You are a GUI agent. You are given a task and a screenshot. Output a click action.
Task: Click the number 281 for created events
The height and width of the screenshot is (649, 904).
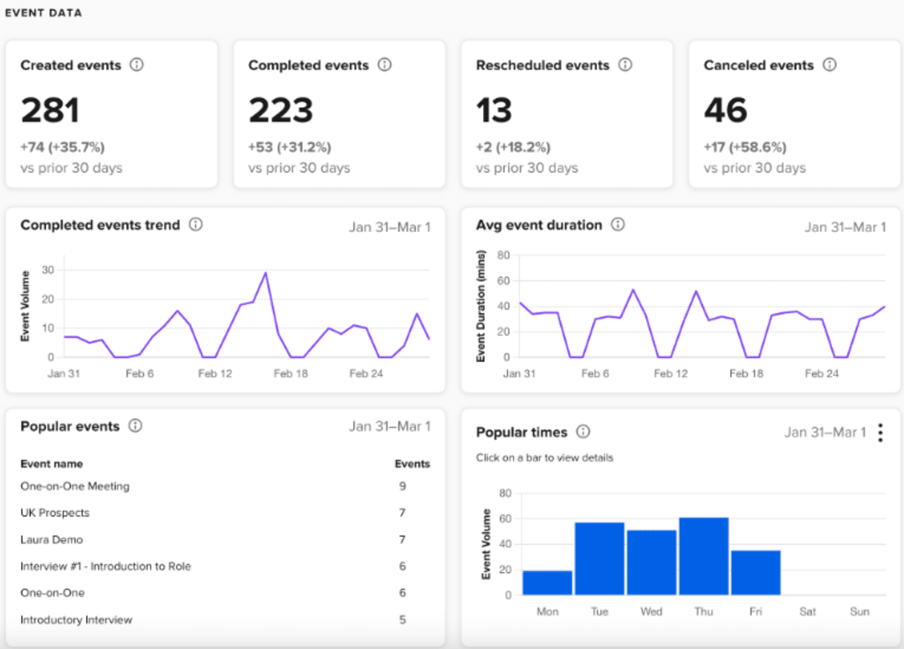click(x=50, y=111)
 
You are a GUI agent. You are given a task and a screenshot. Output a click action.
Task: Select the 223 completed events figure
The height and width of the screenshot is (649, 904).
click(x=280, y=111)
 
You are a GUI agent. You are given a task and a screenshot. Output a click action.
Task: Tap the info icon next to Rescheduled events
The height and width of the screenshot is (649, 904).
click(x=625, y=64)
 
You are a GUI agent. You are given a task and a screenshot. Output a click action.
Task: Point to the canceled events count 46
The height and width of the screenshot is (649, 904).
click(x=726, y=111)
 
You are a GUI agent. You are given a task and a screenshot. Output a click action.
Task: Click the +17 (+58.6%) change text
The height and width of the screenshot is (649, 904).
click(x=745, y=147)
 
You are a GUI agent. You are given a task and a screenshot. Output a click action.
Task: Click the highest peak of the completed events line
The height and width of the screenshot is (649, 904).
click(x=265, y=273)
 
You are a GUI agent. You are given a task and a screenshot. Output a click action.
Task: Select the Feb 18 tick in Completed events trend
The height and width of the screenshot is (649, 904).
click(x=290, y=373)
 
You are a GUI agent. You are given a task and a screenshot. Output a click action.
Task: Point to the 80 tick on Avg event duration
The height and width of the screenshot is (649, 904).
click(x=503, y=255)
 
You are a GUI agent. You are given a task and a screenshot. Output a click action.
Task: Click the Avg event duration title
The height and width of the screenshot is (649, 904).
click(x=538, y=225)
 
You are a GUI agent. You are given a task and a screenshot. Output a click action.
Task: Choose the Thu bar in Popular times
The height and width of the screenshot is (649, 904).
click(x=703, y=556)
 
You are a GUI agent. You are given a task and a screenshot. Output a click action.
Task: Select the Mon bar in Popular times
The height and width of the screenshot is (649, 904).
click(x=547, y=582)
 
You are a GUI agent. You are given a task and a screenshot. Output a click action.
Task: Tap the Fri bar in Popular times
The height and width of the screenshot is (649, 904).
click(x=755, y=572)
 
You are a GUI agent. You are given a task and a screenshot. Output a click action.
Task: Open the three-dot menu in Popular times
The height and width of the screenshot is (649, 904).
click(x=880, y=432)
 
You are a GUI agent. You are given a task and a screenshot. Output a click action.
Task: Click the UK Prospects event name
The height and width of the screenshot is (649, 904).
click(x=54, y=513)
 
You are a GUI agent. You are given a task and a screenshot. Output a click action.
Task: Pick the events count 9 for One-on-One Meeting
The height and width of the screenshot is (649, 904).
click(x=403, y=486)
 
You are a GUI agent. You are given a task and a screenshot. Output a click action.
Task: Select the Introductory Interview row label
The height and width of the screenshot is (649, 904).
click(x=76, y=620)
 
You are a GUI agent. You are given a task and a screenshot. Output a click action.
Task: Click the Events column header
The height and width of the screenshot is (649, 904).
click(x=412, y=464)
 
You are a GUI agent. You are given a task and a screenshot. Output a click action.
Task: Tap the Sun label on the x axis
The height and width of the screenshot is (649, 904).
click(x=860, y=611)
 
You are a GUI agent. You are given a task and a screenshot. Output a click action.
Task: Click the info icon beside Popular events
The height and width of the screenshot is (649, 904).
click(x=136, y=425)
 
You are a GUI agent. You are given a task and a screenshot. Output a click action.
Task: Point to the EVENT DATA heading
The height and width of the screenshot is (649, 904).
click(x=44, y=13)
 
